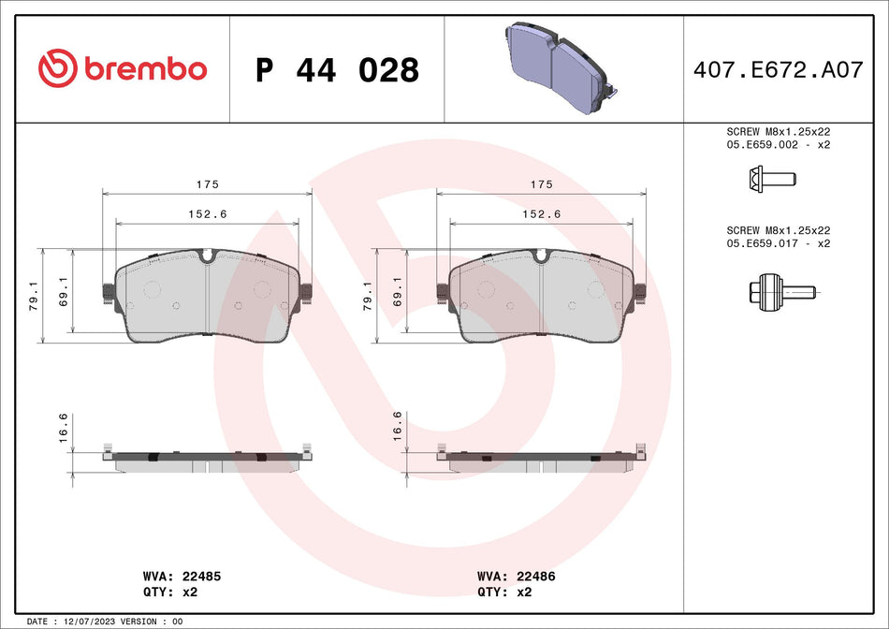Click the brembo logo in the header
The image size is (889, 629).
123,68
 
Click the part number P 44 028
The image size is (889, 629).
337,70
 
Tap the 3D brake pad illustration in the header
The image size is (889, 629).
559,67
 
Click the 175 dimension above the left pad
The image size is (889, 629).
207,185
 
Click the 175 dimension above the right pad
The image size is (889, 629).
542,185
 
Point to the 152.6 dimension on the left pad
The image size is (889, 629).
207,214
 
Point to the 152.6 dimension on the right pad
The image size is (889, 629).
542,214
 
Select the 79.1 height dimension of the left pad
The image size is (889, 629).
35,296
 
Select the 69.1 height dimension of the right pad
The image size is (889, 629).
398,296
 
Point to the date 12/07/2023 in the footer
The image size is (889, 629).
92,622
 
